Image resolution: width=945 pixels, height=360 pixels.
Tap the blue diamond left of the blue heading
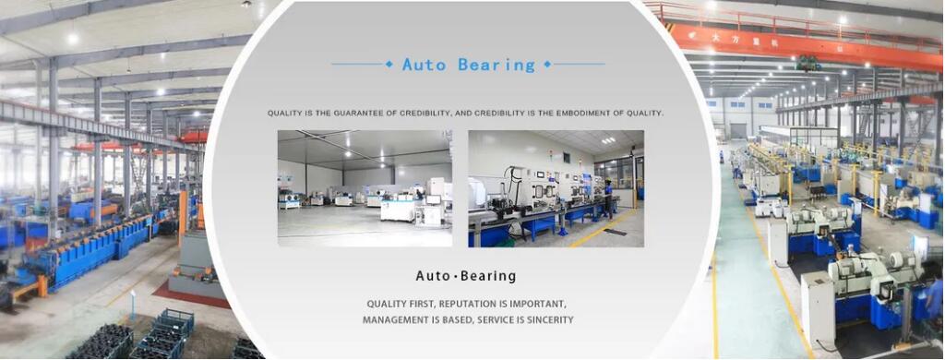pyautogui.click(x=388, y=64)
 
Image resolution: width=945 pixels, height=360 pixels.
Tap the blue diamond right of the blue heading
pyautogui.click(x=547, y=64)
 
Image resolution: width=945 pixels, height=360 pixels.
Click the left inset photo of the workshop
pyautogui.click(x=365, y=187)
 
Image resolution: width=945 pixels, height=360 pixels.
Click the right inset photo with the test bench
pyautogui.click(x=556, y=187)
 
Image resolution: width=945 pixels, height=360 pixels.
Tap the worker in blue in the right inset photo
pyautogui.click(x=608, y=197)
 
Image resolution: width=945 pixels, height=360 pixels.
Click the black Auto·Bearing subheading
pyautogui.click(x=466, y=276)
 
